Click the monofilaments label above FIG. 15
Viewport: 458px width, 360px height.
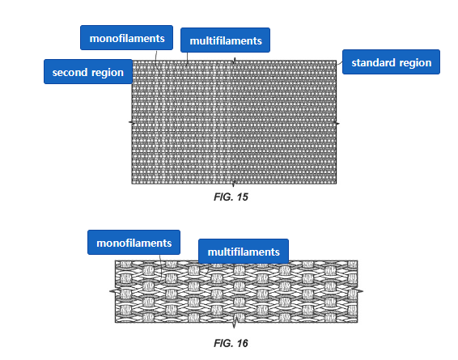126,38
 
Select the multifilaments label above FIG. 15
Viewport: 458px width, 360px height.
225,40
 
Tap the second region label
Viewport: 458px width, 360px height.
88,72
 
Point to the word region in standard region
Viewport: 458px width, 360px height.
415,63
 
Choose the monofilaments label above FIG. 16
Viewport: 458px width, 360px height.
134,243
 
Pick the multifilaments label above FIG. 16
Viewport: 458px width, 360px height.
244,252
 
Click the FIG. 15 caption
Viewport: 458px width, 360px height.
231,197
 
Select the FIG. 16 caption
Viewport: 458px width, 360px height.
231,343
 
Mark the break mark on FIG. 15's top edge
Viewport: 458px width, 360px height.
234,61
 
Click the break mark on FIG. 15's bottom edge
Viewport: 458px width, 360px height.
233,184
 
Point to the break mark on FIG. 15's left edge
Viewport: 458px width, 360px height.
132,123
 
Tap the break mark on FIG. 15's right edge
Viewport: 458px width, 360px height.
337,124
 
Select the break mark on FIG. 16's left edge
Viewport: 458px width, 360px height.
115,291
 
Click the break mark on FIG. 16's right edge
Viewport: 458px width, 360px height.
358,290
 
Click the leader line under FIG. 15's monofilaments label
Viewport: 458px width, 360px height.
156,60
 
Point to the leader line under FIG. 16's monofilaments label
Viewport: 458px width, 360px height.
161,267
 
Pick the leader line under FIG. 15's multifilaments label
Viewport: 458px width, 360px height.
187,58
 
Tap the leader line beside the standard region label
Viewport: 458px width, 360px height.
339,63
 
